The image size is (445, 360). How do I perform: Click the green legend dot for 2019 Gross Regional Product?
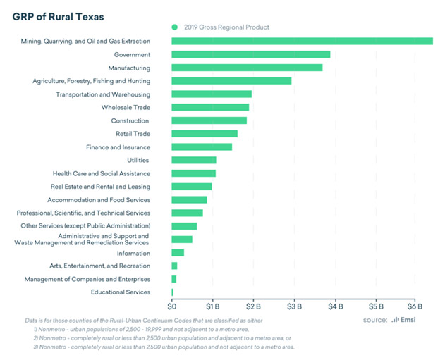[175, 27]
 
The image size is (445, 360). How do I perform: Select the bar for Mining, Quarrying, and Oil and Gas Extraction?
[302, 42]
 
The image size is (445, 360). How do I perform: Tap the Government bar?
[250, 54]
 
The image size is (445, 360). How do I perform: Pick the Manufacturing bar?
[247, 68]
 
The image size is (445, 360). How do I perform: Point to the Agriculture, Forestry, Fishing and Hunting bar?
[231, 81]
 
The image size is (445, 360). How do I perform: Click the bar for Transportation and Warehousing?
[212, 94]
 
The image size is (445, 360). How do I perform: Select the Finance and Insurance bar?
[202, 147]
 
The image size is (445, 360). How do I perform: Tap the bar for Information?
[178, 253]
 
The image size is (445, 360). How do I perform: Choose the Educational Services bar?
[172, 292]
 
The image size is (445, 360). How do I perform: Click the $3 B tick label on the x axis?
[294, 307]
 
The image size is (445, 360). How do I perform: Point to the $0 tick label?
[172, 307]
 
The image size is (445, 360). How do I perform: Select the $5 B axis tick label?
[376, 307]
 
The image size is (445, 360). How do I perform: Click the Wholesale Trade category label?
[126, 107]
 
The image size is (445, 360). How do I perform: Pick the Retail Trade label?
[133, 134]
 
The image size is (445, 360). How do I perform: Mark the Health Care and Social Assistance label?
[101, 173]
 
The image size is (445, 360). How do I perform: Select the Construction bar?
[209, 120]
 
